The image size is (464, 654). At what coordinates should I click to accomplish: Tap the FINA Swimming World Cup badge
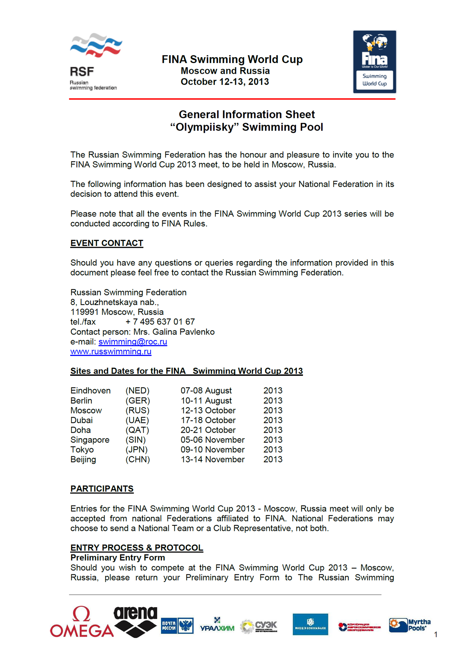click(374, 62)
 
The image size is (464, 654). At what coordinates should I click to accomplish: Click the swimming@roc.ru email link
click(133, 342)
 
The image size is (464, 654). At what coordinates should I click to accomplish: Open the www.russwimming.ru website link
click(111, 352)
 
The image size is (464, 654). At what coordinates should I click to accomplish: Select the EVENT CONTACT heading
click(107, 243)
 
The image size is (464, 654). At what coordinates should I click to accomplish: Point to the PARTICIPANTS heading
click(102, 489)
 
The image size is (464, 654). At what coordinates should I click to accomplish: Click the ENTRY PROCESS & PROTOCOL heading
click(137, 548)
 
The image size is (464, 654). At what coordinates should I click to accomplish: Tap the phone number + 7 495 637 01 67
click(160, 322)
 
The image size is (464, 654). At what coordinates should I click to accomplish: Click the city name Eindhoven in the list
click(91, 391)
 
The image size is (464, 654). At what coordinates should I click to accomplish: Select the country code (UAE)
click(137, 420)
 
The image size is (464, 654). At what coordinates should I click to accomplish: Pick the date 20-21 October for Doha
click(208, 430)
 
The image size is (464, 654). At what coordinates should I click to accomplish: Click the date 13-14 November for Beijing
click(212, 460)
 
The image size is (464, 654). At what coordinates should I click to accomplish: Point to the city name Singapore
click(90, 440)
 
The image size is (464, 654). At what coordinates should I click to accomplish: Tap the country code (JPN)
click(136, 450)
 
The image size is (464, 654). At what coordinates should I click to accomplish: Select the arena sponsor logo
click(135, 622)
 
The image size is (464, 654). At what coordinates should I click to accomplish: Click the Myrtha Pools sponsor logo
click(410, 625)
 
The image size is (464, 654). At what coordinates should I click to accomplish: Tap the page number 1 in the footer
click(436, 634)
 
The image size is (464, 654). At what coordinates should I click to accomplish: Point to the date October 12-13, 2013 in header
click(225, 82)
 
